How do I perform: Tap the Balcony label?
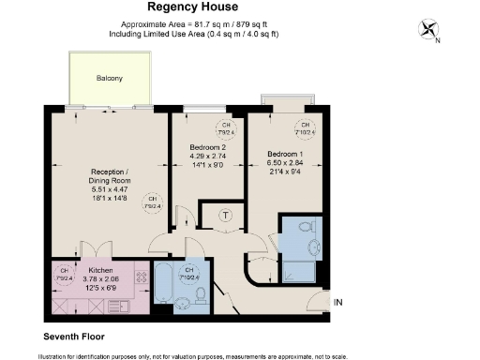point(109,78)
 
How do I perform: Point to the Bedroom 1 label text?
point(285,154)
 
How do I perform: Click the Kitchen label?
point(101,268)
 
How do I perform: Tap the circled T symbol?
point(226,216)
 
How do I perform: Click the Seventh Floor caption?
point(74,335)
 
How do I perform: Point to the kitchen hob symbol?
point(141,277)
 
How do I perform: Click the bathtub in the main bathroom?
point(163,287)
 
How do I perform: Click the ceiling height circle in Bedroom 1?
point(305,127)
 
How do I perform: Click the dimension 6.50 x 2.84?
point(285,163)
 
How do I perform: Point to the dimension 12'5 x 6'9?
point(101,286)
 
